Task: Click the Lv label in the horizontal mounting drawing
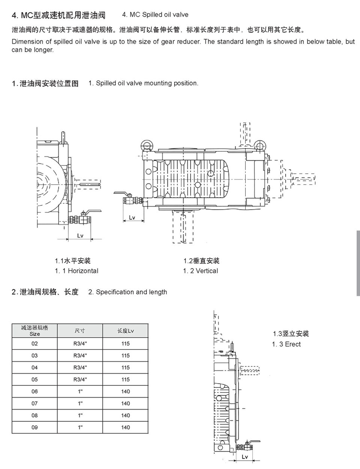coord(80,235)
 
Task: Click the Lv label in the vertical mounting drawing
coord(132,218)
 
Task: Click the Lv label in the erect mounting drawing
coord(245,457)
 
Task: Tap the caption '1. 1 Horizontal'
coord(76,271)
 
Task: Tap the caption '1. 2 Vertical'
coord(201,271)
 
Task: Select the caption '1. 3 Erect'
coord(286,344)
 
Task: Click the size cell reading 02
coord(35,344)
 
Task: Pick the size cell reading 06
coord(35,392)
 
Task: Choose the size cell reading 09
coord(35,428)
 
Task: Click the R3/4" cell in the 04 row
coord(80,368)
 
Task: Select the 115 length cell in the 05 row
coord(126,380)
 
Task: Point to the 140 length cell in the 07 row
coord(126,403)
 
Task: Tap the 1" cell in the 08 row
coord(80,415)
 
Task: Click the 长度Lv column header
coord(126,331)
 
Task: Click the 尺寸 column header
coord(80,331)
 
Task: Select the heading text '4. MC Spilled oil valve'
coord(155,14)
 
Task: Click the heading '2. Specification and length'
coord(127,292)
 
